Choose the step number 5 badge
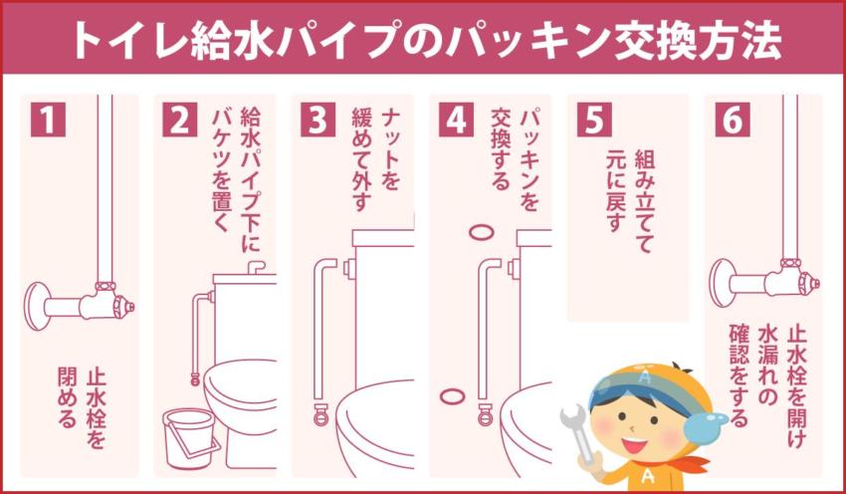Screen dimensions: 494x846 (x=593, y=120)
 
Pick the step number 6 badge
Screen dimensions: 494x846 (x=731, y=120)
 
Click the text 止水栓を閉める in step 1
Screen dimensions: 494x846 (x=82, y=398)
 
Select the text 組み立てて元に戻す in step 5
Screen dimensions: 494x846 (x=629, y=199)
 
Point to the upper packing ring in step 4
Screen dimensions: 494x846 (x=481, y=231)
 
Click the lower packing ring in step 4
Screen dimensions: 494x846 (x=451, y=396)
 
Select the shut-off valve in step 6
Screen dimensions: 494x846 (x=786, y=278)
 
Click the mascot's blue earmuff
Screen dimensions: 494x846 (x=713, y=429)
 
